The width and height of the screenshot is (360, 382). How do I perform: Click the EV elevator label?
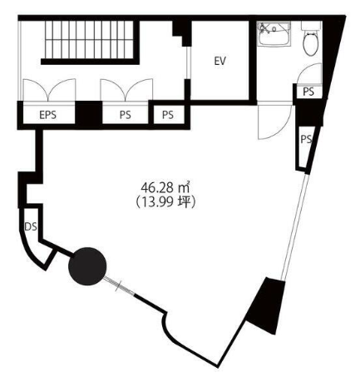(x=220, y=61)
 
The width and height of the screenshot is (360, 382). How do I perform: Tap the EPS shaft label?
(x=47, y=115)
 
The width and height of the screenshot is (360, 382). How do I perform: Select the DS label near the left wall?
(x=31, y=226)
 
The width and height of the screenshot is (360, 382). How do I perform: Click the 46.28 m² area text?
(x=165, y=187)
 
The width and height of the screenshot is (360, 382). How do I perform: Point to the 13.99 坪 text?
(x=165, y=202)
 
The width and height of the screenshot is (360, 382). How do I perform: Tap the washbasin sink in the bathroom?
(x=274, y=33)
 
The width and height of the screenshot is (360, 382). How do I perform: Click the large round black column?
(x=87, y=266)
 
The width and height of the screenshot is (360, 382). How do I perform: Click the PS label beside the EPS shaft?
(x=126, y=115)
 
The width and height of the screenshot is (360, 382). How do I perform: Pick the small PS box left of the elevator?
(x=168, y=115)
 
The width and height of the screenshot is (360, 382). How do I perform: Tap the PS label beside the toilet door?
(x=308, y=92)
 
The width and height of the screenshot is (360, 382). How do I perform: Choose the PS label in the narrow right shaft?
(x=306, y=139)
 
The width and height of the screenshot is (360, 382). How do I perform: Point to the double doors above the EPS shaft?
(x=49, y=90)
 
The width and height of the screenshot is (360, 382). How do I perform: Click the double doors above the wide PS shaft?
(x=126, y=90)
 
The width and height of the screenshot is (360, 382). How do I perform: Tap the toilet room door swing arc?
(x=309, y=73)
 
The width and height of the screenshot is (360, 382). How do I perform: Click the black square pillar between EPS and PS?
(x=89, y=114)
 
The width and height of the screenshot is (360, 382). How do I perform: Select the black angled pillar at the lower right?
(x=266, y=305)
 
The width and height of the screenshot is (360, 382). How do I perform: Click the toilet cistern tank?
(x=311, y=26)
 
